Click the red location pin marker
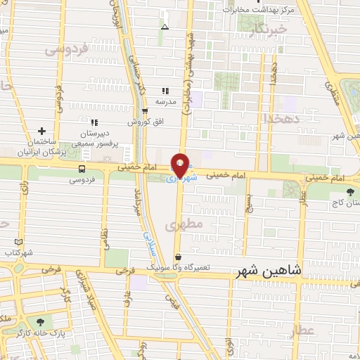point(180,165)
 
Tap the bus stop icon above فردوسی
point(82,169)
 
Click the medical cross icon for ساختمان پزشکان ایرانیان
point(42,131)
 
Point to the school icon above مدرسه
point(165,91)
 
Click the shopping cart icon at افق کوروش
point(144,111)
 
